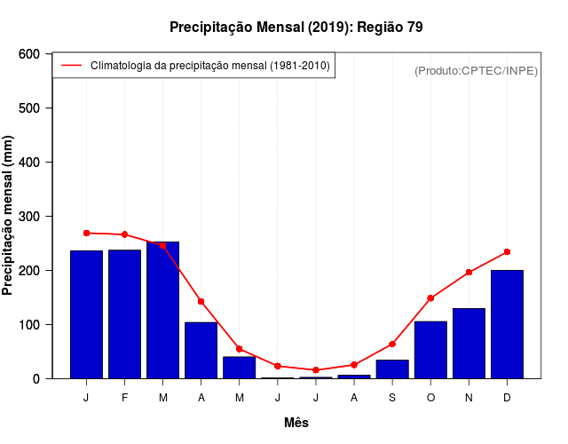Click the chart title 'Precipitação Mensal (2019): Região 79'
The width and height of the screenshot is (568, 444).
[x=296, y=28]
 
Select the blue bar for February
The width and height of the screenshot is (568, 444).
[x=125, y=314]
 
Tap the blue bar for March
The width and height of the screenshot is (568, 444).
[x=163, y=310]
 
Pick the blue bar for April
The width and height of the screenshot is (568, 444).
[x=201, y=350]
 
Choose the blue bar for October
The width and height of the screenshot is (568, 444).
[x=430, y=350]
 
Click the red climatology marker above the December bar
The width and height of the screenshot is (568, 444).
[x=507, y=252]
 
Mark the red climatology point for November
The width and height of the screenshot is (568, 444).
[x=469, y=273]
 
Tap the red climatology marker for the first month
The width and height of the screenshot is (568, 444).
[x=87, y=233]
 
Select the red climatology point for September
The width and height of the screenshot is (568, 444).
[x=392, y=344]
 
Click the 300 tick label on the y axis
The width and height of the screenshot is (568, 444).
[x=28, y=217]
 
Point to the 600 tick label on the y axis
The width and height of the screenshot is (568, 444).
[x=28, y=54]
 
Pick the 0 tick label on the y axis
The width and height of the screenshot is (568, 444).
[x=36, y=378]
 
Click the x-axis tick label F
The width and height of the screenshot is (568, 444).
[x=125, y=398]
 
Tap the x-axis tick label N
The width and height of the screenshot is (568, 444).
[x=469, y=398]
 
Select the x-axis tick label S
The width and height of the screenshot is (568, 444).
[x=392, y=398]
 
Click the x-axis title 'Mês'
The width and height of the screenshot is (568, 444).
[x=296, y=424]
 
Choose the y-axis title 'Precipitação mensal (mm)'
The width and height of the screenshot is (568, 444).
[x=9, y=216]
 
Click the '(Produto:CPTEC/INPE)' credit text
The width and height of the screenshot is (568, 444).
[x=477, y=70]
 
